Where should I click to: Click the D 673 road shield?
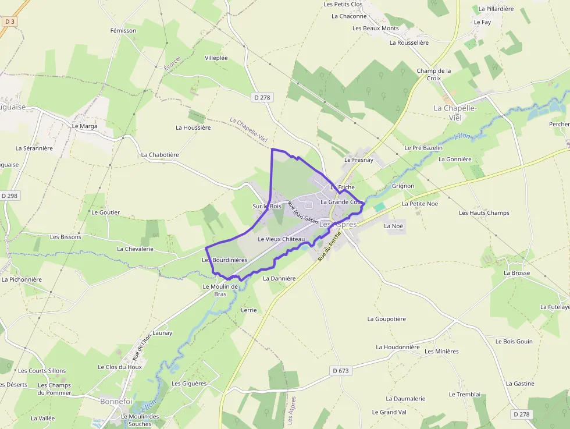(x=341, y=370)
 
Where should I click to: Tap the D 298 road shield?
(x=10, y=196)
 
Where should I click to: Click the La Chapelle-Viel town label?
(x=455, y=112)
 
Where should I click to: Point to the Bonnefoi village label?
(x=116, y=402)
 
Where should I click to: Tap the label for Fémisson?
(x=123, y=30)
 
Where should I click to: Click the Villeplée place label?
(x=216, y=58)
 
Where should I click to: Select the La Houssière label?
(x=193, y=127)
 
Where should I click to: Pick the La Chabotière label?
(x=160, y=155)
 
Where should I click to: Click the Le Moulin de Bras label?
(x=220, y=290)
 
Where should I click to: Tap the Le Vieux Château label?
(x=282, y=239)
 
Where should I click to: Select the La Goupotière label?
(x=387, y=319)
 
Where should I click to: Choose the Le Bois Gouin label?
(x=514, y=342)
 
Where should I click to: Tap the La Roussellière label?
(x=409, y=42)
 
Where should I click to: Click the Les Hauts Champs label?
(x=484, y=213)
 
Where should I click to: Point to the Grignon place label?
(x=403, y=186)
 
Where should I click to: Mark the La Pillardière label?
(x=496, y=9)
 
